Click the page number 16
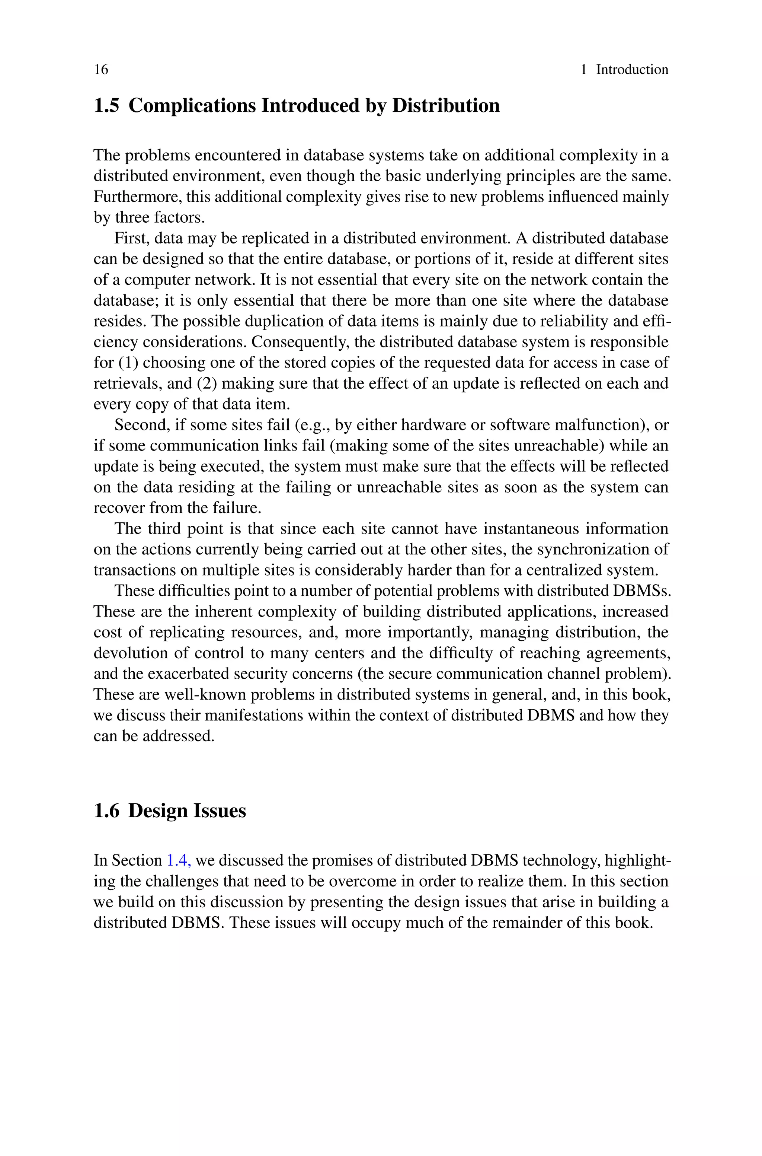(101, 70)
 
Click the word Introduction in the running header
(632, 70)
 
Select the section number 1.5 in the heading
(106, 105)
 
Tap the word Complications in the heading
(192, 105)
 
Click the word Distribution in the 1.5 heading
(446, 105)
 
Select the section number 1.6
(106, 811)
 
